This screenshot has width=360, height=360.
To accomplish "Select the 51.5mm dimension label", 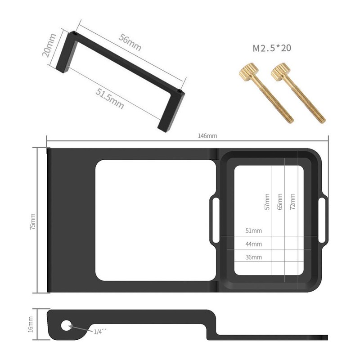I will point(109,98).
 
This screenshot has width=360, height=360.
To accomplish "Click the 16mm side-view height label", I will point(31,324).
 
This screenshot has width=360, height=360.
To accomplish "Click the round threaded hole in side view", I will point(67,324).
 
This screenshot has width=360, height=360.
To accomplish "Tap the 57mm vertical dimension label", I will point(267,202).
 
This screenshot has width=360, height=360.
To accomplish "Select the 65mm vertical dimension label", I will point(280,202).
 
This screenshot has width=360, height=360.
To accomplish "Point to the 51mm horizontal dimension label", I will point(253,231).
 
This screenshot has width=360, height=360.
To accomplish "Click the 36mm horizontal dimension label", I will point(253,257).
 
